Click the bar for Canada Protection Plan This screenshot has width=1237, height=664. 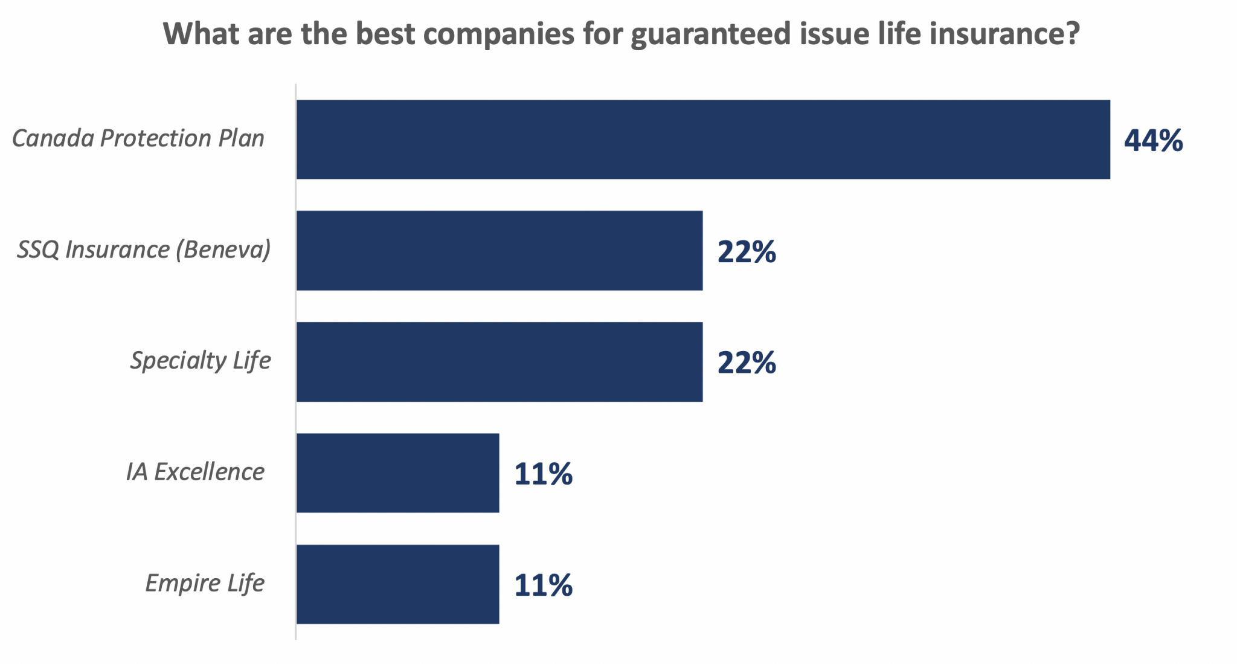[x=702, y=140]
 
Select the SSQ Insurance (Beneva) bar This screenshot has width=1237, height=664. [x=499, y=251]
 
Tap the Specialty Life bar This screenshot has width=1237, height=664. [x=499, y=362]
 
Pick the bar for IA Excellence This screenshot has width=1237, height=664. [x=397, y=473]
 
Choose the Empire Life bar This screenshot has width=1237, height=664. [x=397, y=584]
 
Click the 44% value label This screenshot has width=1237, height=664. [x=1153, y=141]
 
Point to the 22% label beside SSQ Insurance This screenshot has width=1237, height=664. [x=747, y=252]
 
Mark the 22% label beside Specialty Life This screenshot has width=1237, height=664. [x=747, y=363]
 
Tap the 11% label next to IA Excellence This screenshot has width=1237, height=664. [x=543, y=474]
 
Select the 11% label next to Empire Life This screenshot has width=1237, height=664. [x=543, y=585]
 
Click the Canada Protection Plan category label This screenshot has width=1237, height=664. [x=138, y=138]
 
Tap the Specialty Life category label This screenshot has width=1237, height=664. [x=200, y=361]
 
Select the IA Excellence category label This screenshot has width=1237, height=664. [x=194, y=472]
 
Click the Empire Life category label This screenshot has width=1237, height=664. [x=204, y=583]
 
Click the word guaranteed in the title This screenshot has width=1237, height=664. [x=710, y=34]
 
